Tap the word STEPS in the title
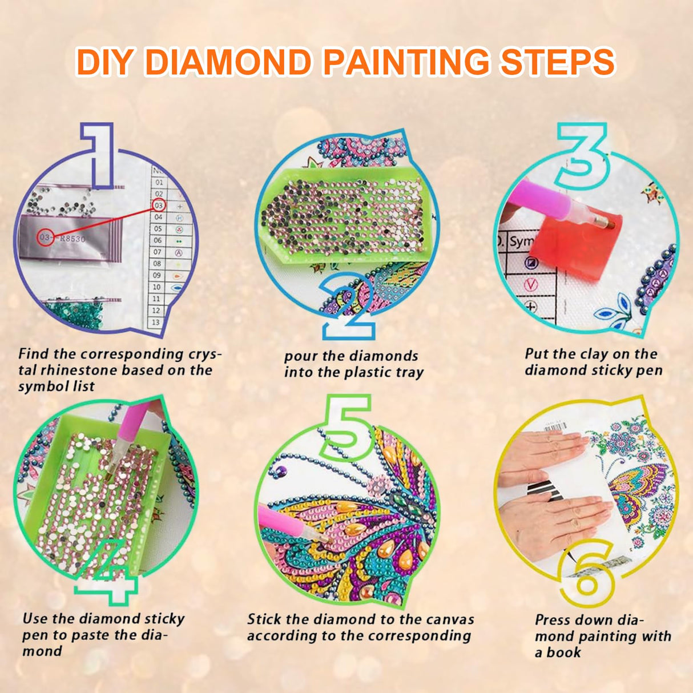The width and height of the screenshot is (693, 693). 557,62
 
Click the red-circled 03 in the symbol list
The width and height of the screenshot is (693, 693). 159,206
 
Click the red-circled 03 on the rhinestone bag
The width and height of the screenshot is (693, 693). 46,237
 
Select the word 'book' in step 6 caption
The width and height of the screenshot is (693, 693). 563,652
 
